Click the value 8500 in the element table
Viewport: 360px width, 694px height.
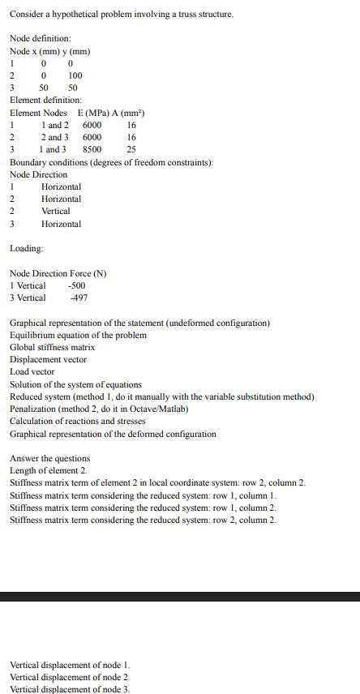(92, 149)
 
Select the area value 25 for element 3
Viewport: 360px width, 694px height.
(131, 149)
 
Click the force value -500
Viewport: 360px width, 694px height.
(77, 285)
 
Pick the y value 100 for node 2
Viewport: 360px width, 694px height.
(75, 75)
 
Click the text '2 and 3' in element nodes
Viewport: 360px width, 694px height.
(54, 137)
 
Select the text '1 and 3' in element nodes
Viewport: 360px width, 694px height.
(54, 149)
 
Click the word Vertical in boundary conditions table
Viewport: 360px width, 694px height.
(56, 211)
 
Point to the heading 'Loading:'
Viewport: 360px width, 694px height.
(27, 248)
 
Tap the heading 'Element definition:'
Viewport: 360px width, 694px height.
(45, 100)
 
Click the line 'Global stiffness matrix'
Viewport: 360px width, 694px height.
(52, 347)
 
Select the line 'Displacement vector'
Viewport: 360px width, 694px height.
(48, 359)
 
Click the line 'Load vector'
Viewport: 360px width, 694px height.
(32, 371)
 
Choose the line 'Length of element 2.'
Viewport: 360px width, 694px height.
(48, 470)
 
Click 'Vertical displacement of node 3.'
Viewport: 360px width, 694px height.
(70, 689)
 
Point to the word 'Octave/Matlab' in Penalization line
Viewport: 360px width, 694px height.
(152, 409)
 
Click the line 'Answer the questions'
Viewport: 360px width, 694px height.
(49, 458)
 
